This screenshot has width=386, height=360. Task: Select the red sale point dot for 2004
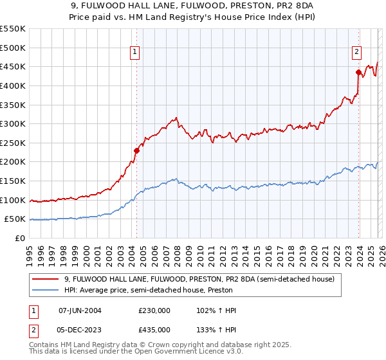point(136,150)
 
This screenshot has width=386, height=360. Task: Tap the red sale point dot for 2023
point(358,72)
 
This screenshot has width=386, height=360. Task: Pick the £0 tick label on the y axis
point(21,238)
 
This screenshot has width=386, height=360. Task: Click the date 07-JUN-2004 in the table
point(80,310)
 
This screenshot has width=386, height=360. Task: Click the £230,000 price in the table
point(154,310)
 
